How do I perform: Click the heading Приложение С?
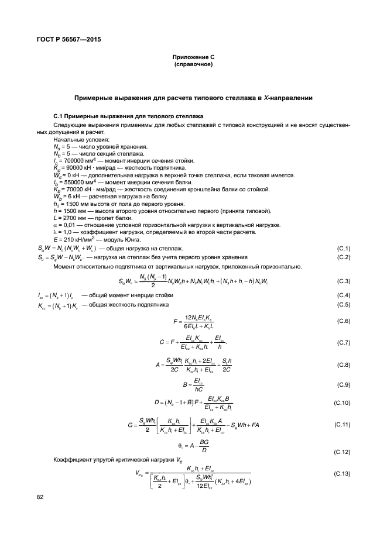(193, 57)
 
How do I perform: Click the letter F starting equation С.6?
(174, 322)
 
